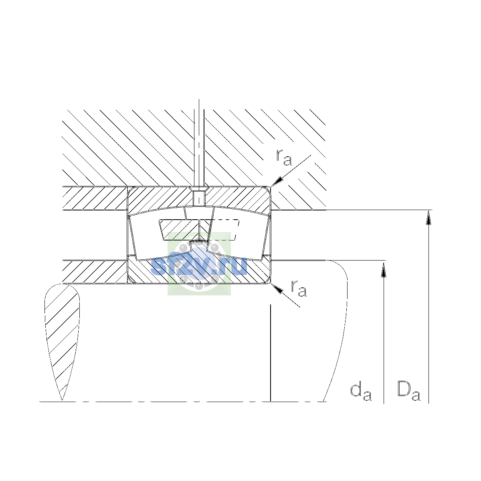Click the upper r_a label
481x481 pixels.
pyautogui.click(x=283, y=158)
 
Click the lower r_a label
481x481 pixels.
pyautogui.click(x=299, y=289)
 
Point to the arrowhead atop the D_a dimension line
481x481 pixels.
pyautogui.click(x=428, y=217)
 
